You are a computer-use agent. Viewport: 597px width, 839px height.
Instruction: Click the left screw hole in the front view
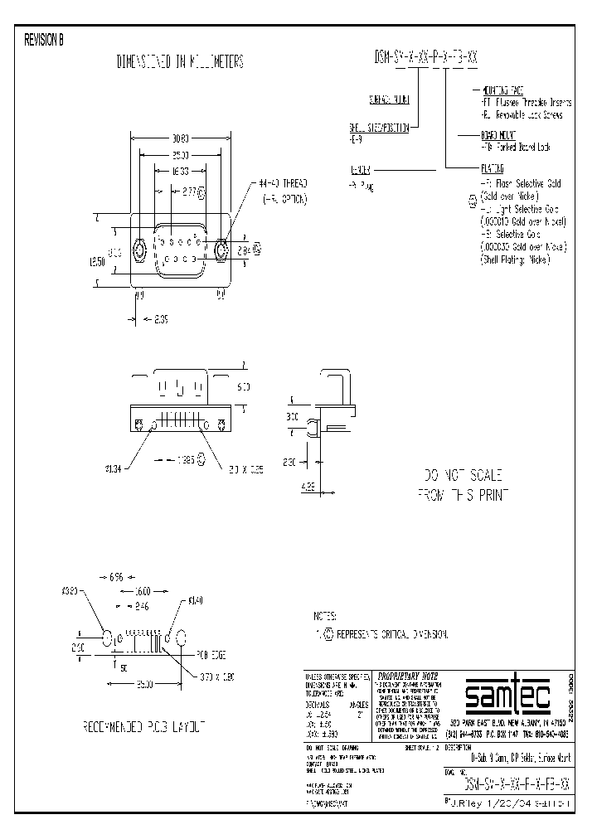(140, 249)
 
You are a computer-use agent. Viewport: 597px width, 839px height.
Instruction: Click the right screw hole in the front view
(221, 249)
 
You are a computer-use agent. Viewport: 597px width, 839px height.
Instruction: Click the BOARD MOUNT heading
(488, 133)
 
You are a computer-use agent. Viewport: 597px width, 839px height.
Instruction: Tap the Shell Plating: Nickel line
(515, 259)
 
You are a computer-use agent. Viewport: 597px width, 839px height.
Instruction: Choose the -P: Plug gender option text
(362, 188)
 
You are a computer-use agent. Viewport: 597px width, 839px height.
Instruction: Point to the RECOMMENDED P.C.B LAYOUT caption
(143, 726)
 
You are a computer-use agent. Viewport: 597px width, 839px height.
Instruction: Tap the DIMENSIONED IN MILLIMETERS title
(180, 62)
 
